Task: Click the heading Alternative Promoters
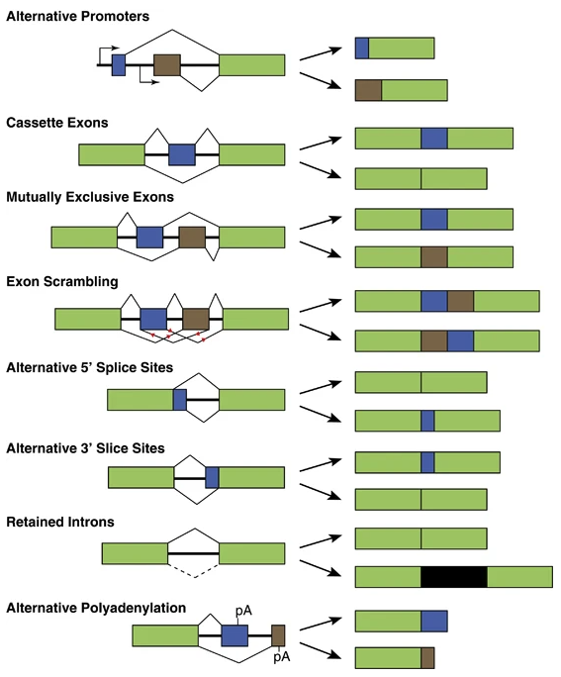[78, 17]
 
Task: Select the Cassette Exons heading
[57, 123]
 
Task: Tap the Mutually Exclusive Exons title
[90, 197]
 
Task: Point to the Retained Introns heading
[60, 522]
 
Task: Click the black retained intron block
[454, 577]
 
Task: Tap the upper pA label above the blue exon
[243, 611]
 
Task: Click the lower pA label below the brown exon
[281, 656]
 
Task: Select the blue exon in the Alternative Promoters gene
[119, 65]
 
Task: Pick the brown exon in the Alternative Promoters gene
[167, 65]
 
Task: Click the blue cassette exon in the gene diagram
[182, 154]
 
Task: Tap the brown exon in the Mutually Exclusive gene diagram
[192, 238]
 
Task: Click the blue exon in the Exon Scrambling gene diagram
[153, 319]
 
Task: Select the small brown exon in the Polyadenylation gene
[278, 635]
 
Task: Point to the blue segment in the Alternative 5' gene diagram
[180, 400]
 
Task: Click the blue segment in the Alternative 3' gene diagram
[212, 477]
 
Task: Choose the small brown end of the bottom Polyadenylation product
[427, 657]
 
